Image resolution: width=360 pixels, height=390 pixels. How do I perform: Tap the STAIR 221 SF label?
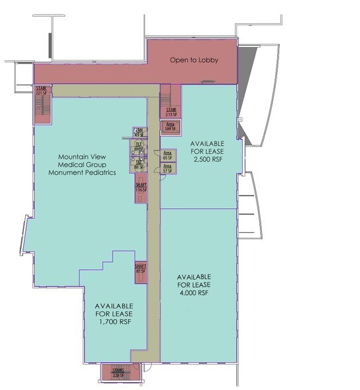41,91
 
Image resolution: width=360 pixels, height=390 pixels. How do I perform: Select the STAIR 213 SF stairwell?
170,111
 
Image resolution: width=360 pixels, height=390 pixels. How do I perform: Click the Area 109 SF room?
170,126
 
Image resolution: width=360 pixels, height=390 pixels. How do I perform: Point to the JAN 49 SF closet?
139,131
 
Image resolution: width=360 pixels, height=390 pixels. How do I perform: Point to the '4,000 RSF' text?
194,292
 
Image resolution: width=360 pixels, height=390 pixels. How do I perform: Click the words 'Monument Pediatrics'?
83,172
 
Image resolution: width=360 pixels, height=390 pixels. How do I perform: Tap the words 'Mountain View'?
83,157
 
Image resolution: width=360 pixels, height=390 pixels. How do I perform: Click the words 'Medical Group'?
83,164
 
